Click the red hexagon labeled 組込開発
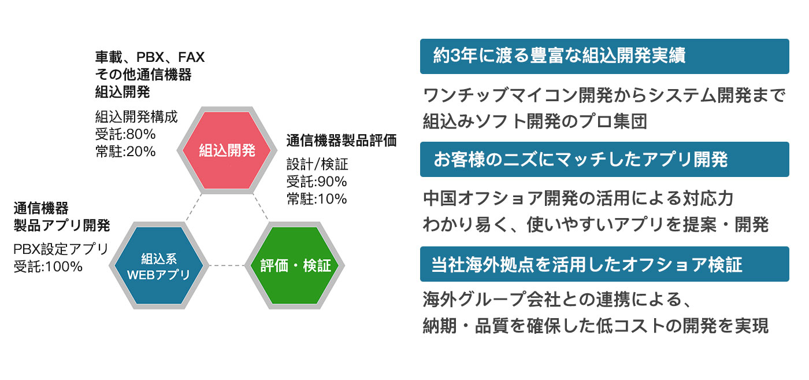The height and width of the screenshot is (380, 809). [227, 150]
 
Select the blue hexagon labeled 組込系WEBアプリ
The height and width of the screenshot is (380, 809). [159, 265]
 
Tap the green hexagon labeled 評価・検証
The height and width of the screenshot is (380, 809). [295, 265]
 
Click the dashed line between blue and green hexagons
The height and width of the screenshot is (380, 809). [227, 265]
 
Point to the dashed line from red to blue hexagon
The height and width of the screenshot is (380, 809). [193, 207]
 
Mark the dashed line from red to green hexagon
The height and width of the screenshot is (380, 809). [261, 207]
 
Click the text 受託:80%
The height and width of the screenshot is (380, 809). [125, 134]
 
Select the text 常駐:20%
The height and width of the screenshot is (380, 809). [125, 151]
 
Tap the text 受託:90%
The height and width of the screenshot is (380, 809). [317, 182]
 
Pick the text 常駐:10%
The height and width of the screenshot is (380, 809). [317, 199]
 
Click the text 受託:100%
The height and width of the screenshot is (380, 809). [48, 267]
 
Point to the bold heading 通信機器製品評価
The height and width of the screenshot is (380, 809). [342, 141]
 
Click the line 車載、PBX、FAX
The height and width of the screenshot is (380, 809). [150, 57]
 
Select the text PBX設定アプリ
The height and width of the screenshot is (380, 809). [61, 249]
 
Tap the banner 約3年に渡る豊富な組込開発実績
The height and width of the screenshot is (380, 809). [604, 57]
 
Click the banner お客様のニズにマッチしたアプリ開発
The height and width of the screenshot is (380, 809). [604, 160]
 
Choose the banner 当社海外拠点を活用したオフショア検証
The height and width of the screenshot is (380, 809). [604, 264]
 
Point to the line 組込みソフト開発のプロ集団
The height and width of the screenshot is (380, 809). [535, 121]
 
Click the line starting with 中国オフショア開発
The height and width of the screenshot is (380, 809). [578, 198]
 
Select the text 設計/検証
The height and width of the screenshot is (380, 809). [317, 164]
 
